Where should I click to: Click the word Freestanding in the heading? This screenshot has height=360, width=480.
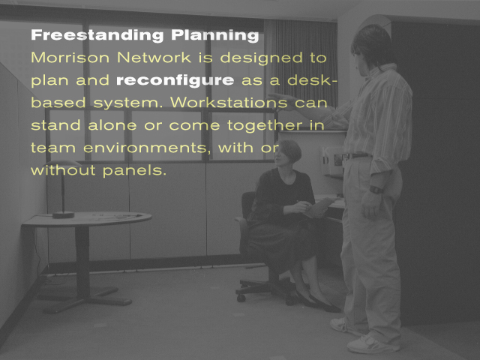97,34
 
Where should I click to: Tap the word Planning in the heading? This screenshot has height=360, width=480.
215,35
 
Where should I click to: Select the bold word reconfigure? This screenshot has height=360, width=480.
175,81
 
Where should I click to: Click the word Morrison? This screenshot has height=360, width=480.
70,58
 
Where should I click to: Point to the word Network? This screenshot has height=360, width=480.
154,58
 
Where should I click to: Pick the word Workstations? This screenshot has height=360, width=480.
229,102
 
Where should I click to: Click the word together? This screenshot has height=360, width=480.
265,125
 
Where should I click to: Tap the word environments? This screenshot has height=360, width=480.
145,148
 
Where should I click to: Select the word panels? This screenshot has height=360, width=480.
134,170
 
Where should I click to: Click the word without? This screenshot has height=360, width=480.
63,170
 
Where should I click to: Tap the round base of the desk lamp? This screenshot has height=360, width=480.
63,215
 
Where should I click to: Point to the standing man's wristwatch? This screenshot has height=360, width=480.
376,190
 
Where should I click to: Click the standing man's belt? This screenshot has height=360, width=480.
357,156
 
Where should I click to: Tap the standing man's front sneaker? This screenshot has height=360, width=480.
373,344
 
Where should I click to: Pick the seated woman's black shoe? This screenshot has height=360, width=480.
325,304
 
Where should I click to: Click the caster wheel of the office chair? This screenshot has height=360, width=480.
241,298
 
